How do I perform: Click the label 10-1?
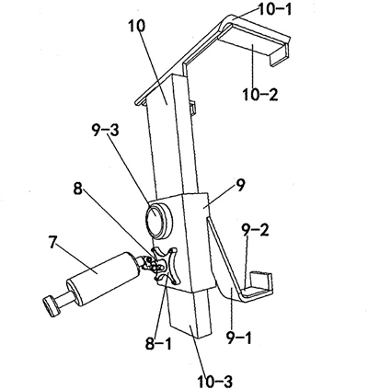[275, 10]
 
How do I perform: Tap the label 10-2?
[260, 95]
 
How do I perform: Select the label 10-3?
[215, 381]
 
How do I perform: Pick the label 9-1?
[239, 338]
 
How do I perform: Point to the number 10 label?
[136, 27]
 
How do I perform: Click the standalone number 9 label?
[240, 186]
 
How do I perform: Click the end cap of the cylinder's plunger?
[52, 306]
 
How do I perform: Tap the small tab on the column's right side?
[192, 108]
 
